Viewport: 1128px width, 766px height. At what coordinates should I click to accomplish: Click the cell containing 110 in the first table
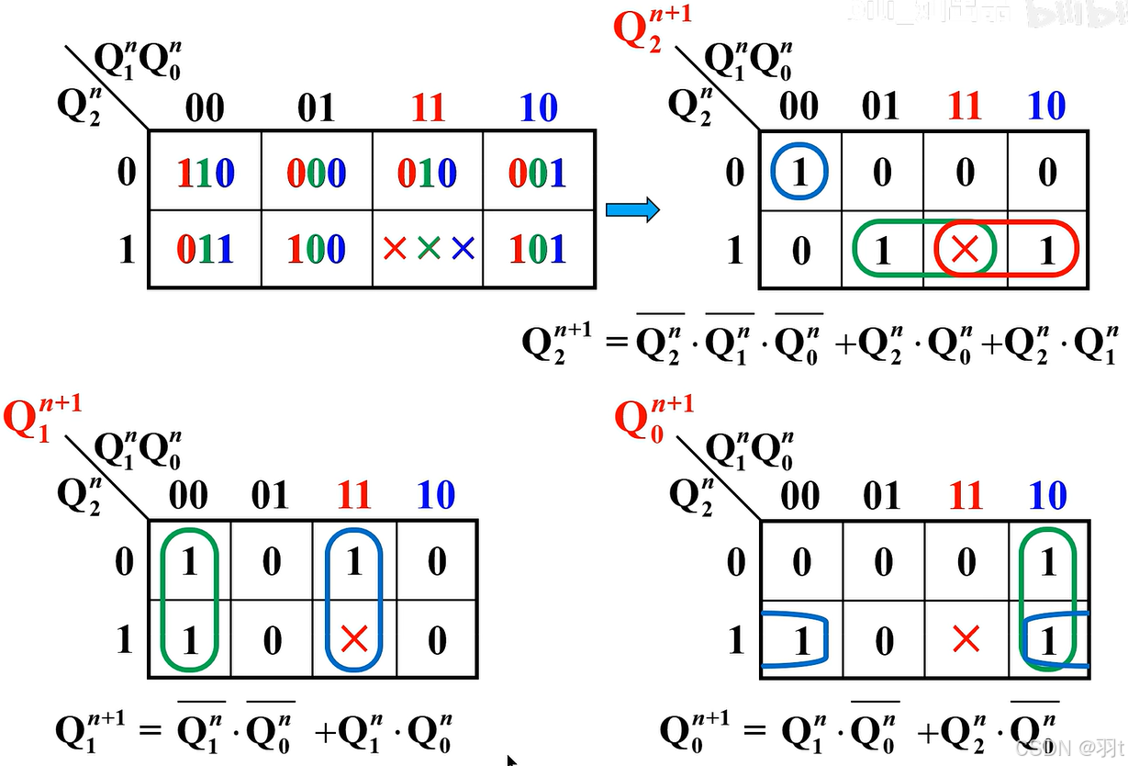pos(206,173)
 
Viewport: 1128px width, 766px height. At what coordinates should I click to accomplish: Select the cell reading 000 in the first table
pos(317,173)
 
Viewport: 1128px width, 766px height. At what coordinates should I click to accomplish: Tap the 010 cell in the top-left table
pos(428,173)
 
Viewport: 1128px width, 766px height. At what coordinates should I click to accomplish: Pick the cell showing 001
pos(539,173)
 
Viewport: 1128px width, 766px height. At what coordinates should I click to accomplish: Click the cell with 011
pos(206,249)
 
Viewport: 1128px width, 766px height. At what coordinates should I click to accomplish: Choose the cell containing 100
pos(317,249)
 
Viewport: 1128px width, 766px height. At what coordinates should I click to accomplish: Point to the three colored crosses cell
pos(428,249)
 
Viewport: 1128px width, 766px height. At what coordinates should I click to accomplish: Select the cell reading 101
pos(539,249)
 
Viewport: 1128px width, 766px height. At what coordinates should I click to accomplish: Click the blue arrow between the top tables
pos(632,210)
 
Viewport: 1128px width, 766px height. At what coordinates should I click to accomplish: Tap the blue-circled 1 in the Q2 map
pos(800,173)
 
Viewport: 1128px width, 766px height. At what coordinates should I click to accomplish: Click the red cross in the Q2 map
pos(964,249)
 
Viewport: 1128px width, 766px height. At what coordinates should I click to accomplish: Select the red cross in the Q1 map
pos(353,639)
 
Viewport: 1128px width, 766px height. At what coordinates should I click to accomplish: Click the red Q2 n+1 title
pos(651,30)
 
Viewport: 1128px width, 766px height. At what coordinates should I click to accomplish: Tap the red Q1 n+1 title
pos(41,418)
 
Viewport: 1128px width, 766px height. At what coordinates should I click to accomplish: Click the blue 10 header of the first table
pos(539,109)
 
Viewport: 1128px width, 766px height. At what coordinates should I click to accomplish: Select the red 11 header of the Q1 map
pos(353,497)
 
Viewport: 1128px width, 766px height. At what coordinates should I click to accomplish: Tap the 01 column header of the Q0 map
pos(882,497)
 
